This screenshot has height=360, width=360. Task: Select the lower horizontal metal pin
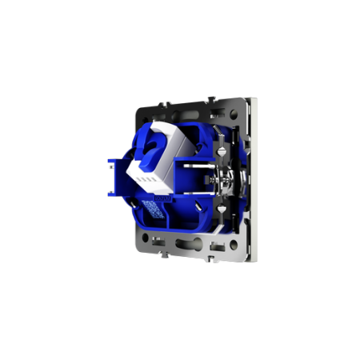[x=197, y=194]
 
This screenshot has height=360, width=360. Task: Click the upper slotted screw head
[x=220, y=148]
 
